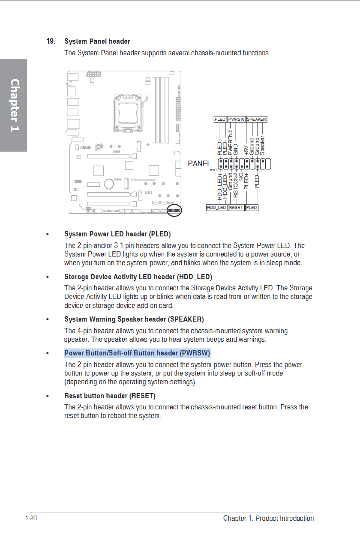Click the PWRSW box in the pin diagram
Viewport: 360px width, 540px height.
coord(236,119)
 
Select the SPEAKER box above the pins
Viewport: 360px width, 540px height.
coord(257,119)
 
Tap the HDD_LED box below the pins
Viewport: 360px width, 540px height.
coord(216,208)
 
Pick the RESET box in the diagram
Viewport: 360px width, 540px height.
coord(236,208)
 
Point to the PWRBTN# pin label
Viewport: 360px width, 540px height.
coord(230,142)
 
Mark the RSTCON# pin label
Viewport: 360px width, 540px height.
coord(236,185)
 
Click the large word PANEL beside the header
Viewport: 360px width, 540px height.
coord(199,164)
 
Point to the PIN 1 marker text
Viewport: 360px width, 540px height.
coord(214,170)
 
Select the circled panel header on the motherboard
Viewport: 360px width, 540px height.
coord(174,210)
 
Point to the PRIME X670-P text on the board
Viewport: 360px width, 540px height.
coord(143,180)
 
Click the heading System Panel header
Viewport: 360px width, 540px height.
coord(97,42)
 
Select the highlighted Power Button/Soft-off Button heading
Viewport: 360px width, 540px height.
coord(137,353)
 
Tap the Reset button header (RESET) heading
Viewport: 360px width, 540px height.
coord(110,396)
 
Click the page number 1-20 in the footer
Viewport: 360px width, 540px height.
coord(31,519)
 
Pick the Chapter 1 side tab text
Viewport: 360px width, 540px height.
coord(14,105)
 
